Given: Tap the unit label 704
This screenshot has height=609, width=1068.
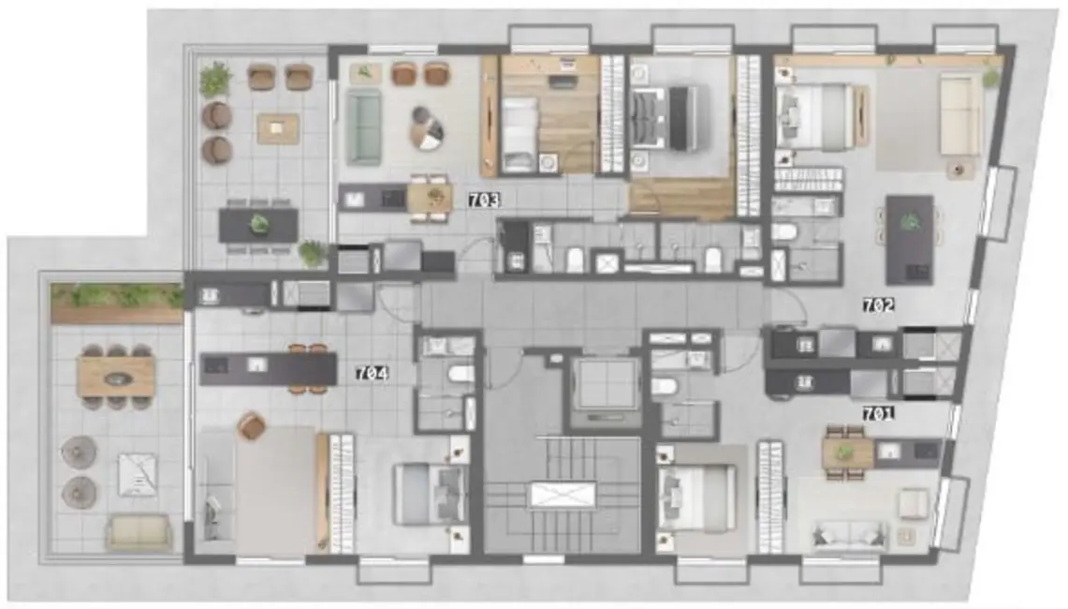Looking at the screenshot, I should click(x=372, y=373).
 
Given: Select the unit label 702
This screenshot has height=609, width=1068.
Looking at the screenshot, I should click(x=881, y=304).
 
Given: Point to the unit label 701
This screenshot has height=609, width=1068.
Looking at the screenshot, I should click(x=879, y=412).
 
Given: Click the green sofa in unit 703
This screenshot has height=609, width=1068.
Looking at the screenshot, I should click(x=363, y=127).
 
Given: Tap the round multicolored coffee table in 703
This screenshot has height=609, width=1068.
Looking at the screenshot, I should click(x=428, y=127).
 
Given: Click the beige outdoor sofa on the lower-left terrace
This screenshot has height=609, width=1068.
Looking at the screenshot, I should click(x=139, y=533).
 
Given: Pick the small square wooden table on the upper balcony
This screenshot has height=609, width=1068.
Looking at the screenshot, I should click(x=278, y=128).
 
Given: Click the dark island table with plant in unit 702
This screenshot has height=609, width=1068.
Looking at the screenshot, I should click(x=909, y=239).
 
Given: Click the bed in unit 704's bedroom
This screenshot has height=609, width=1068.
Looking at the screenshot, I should click(x=428, y=494).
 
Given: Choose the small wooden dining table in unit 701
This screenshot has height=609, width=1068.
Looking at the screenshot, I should click(x=847, y=453).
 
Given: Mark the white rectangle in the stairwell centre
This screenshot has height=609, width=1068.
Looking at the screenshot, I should click(x=562, y=495).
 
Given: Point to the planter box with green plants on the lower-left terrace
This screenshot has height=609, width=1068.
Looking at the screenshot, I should click(x=117, y=297).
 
